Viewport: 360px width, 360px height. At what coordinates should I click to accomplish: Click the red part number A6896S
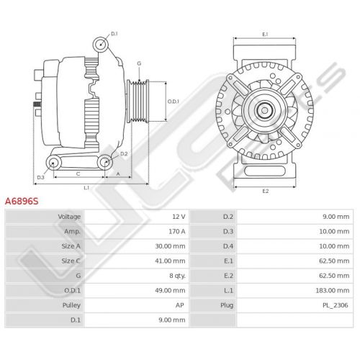[22, 201]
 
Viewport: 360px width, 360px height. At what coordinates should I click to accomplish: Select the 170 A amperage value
[177, 232]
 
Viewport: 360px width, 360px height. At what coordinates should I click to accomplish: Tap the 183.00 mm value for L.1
[333, 291]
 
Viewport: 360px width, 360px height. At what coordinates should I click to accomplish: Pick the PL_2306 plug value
[336, 305]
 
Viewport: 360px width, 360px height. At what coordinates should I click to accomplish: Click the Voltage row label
[69, 217]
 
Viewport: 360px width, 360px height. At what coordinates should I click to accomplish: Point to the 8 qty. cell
[177, 276]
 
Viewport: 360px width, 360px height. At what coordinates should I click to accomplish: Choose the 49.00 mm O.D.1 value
[170, 291]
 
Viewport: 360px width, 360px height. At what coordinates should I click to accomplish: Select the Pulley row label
[71, 305]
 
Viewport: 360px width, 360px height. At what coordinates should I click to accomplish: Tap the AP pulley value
[180, 305]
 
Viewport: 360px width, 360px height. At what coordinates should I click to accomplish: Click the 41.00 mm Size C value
[170, 261]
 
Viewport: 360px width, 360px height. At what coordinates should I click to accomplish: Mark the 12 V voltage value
[179, 217]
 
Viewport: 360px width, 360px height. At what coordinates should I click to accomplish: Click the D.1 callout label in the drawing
[114, 34]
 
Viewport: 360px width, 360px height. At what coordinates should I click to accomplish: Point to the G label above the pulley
[139, 63]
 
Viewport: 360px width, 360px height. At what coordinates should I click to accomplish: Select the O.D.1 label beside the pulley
[174, 102]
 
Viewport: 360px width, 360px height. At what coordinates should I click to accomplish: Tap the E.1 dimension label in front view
[265, 35]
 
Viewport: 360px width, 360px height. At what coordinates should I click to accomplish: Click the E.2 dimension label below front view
[266, 191]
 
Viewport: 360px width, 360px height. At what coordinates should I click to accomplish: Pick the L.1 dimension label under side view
[86, 188]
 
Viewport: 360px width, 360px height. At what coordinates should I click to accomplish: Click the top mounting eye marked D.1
[101, 45]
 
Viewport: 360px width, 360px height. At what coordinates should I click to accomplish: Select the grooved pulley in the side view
[138, 101]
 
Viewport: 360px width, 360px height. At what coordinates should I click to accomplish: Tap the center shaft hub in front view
[264, 110]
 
